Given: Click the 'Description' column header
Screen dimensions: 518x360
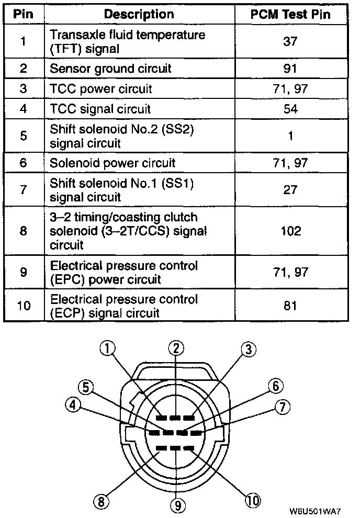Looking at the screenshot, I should (139, 14).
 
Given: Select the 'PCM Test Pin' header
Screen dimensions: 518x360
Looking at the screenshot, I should (290, 14).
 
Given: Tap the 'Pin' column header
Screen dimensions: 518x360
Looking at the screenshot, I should (23, 14).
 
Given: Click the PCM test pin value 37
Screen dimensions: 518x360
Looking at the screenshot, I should (290, 41).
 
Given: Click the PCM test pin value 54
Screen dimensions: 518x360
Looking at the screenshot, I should (290, 109).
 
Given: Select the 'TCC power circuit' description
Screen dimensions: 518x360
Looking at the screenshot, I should (100, 88).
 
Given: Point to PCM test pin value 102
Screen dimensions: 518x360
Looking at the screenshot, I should (290, 230).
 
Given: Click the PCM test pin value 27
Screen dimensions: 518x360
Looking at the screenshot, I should (290, 190).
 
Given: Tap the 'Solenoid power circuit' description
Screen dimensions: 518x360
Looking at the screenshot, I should (113, 163).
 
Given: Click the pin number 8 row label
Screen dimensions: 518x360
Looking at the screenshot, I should (23, 230).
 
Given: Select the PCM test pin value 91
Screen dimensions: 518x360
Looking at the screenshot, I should (290, 69).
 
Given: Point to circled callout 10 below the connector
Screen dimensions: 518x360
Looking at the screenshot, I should (252, 500).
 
